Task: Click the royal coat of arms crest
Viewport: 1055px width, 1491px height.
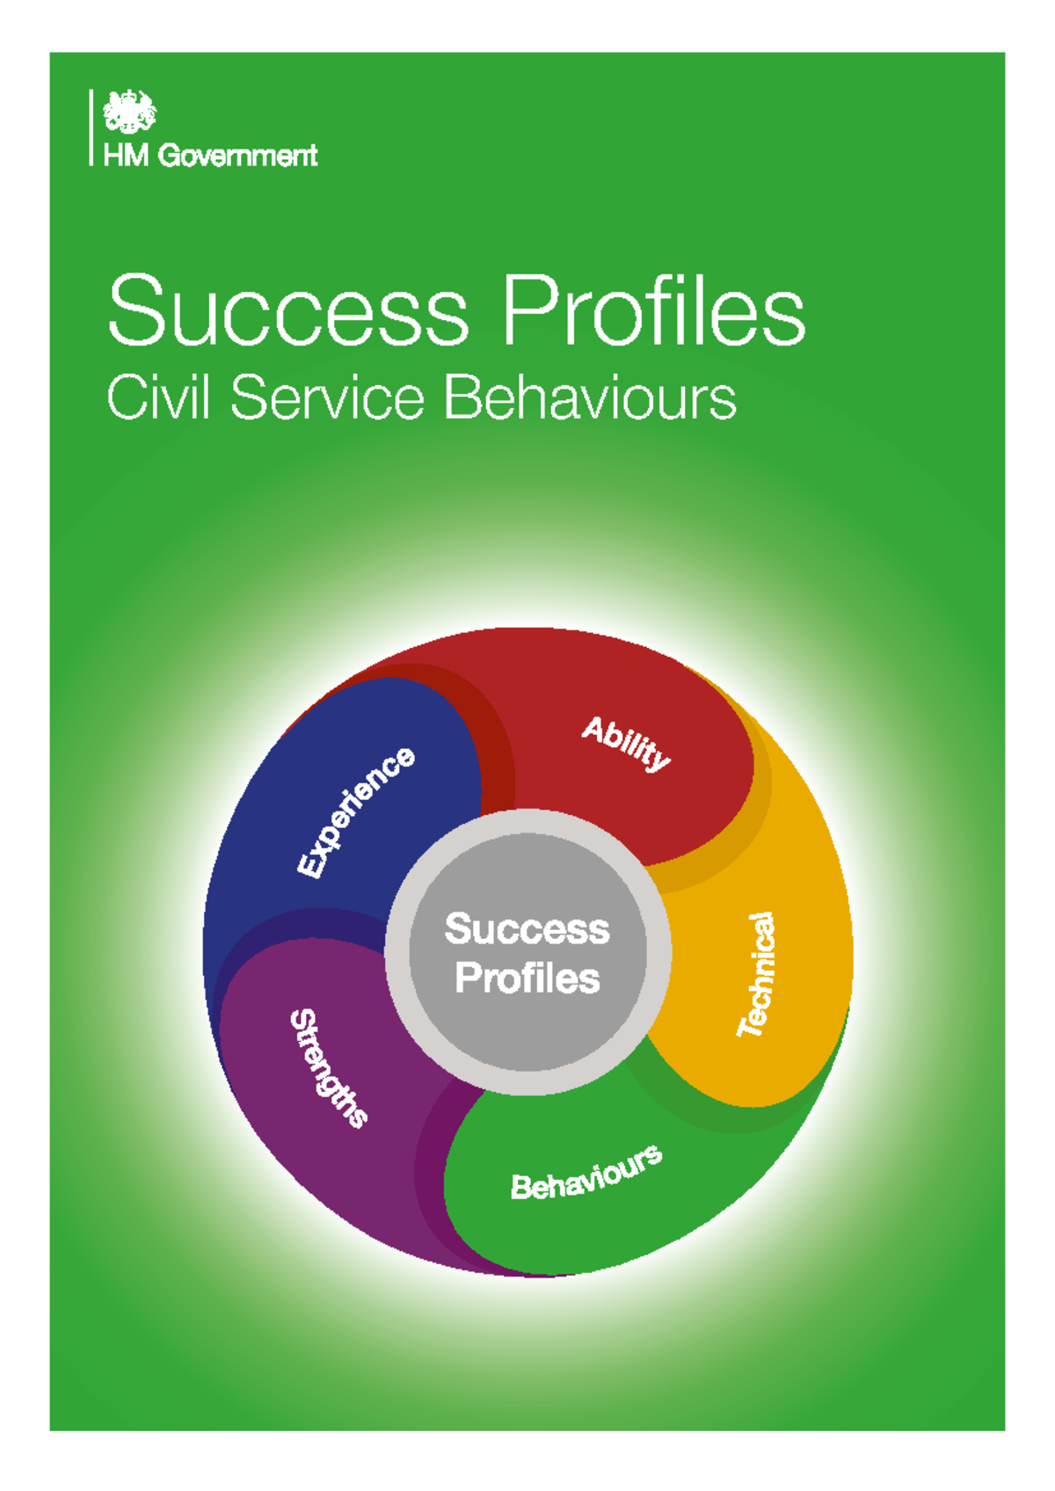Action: tap(129, 112)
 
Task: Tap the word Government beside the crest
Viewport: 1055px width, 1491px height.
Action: tap(237, 156)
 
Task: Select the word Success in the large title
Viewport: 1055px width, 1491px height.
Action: tap(288, 311)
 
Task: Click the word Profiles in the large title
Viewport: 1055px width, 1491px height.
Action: tap(653, 311)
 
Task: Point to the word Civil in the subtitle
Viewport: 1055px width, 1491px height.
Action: tap(158, 397)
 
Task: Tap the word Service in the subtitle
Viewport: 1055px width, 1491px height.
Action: tap(327, 397)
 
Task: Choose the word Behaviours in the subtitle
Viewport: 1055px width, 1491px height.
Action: tap(589, 397)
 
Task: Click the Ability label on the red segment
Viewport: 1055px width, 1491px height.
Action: tap(626, 743)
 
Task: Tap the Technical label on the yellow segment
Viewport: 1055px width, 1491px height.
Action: tap(757, 974)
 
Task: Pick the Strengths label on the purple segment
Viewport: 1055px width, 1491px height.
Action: tap(329, 1067)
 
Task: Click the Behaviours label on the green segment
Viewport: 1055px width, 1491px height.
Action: tap(586, 1173)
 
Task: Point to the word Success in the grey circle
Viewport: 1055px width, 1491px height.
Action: tap(527, 929)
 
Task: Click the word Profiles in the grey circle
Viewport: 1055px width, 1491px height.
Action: tap(527, 978)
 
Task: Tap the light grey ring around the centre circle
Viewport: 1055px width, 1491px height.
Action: tap(528, 821)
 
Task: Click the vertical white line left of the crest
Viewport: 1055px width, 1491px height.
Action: tap(91, 127)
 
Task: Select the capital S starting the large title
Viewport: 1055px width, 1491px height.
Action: tap(137, 311)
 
